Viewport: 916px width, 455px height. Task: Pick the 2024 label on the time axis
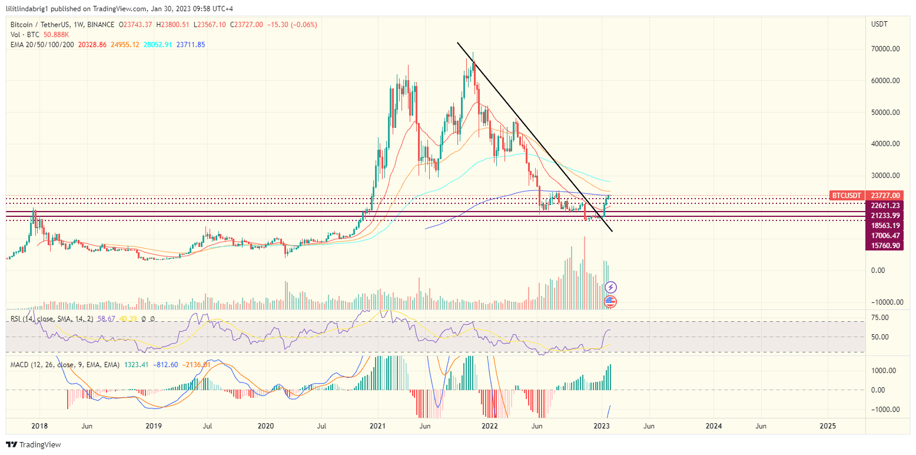pyautogui.click(x=713, y=426)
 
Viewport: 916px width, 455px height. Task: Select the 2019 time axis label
pyautogui.click(x=153, y=426)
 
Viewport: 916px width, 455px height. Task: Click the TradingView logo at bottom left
pyautogui.click(x=34, y=444)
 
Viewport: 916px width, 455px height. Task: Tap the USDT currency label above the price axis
pyautogui.click(x=880, y=24)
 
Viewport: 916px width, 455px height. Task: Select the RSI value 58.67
pyautogui.click(x=106, y=319)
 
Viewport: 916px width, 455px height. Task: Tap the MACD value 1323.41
pyautogui.click(x=136, y=365)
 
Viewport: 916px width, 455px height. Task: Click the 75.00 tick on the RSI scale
pyautogui.click(x=880, y=318)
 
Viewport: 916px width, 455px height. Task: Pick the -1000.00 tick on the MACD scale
pyautogui.click(x=883, y=410)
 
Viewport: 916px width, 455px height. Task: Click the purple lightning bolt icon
pyautogui.click(x=611, y=287)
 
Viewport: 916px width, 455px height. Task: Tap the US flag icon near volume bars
pyautogui.click(x=610, y=302)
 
